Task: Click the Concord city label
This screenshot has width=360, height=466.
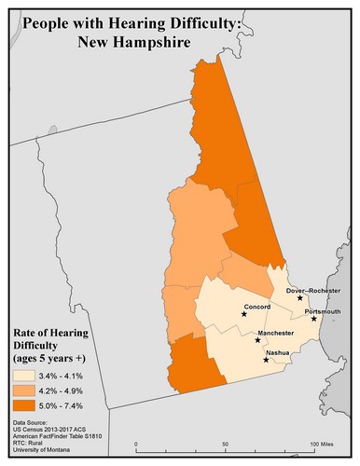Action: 256,306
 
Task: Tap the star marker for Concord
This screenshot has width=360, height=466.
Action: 244,314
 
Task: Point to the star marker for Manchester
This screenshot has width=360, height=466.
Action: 258,340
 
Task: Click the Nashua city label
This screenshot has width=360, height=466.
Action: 277,352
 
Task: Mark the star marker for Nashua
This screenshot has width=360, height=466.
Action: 267,360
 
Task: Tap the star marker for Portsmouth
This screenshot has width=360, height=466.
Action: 314,320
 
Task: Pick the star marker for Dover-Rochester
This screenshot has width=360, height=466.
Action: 300,298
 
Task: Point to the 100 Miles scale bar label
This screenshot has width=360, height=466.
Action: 322,443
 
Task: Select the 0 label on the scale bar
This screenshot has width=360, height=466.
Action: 136,443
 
